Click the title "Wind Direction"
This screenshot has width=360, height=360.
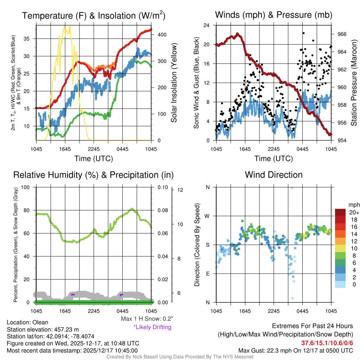tap(274, 175)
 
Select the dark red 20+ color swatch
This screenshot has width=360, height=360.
tap(340, 212)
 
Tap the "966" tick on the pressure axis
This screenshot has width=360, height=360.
tap(342, 34)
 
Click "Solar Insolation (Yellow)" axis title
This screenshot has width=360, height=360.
tap(174, 83)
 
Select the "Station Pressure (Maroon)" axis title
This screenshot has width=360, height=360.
tap(354, 83)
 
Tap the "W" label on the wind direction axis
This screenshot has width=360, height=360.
tap(207, 216)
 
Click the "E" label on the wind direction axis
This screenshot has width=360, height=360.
tap(208, 274)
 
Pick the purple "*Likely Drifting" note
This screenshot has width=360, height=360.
tap(152, 327)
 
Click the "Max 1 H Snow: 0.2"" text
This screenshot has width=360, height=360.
tap(147, 319)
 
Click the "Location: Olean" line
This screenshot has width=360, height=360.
tap(27, 322)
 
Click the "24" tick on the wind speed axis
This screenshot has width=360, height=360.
tap(207, 25)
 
